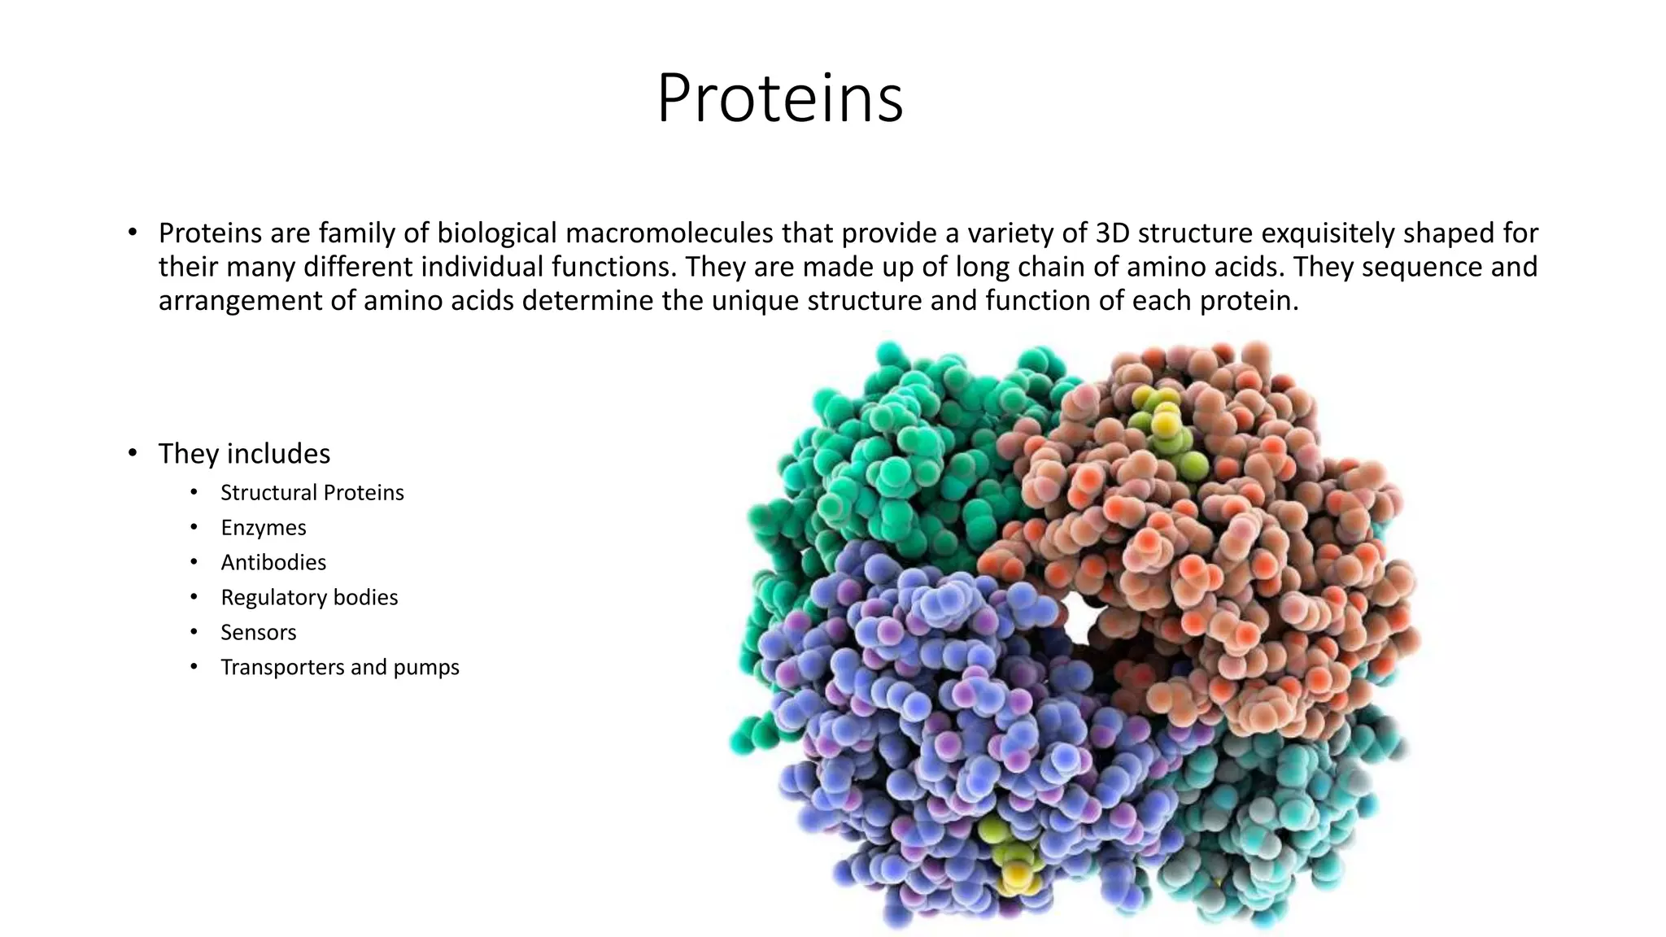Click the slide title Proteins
(x=779, y=98)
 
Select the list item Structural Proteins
(x=312, y=493)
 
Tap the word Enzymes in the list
(x=263, y=528)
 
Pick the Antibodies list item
(x=273, y=563)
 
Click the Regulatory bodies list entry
(x=309, y=598)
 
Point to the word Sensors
(x=258, y=633)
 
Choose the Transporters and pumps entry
(x=339, y=668)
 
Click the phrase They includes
(x=244, y=454)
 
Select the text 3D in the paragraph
(x=1112, y=233)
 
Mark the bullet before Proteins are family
(x=133, y=233)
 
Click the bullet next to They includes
(x=133, y=454)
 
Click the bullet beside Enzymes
(x=194, y=528)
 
